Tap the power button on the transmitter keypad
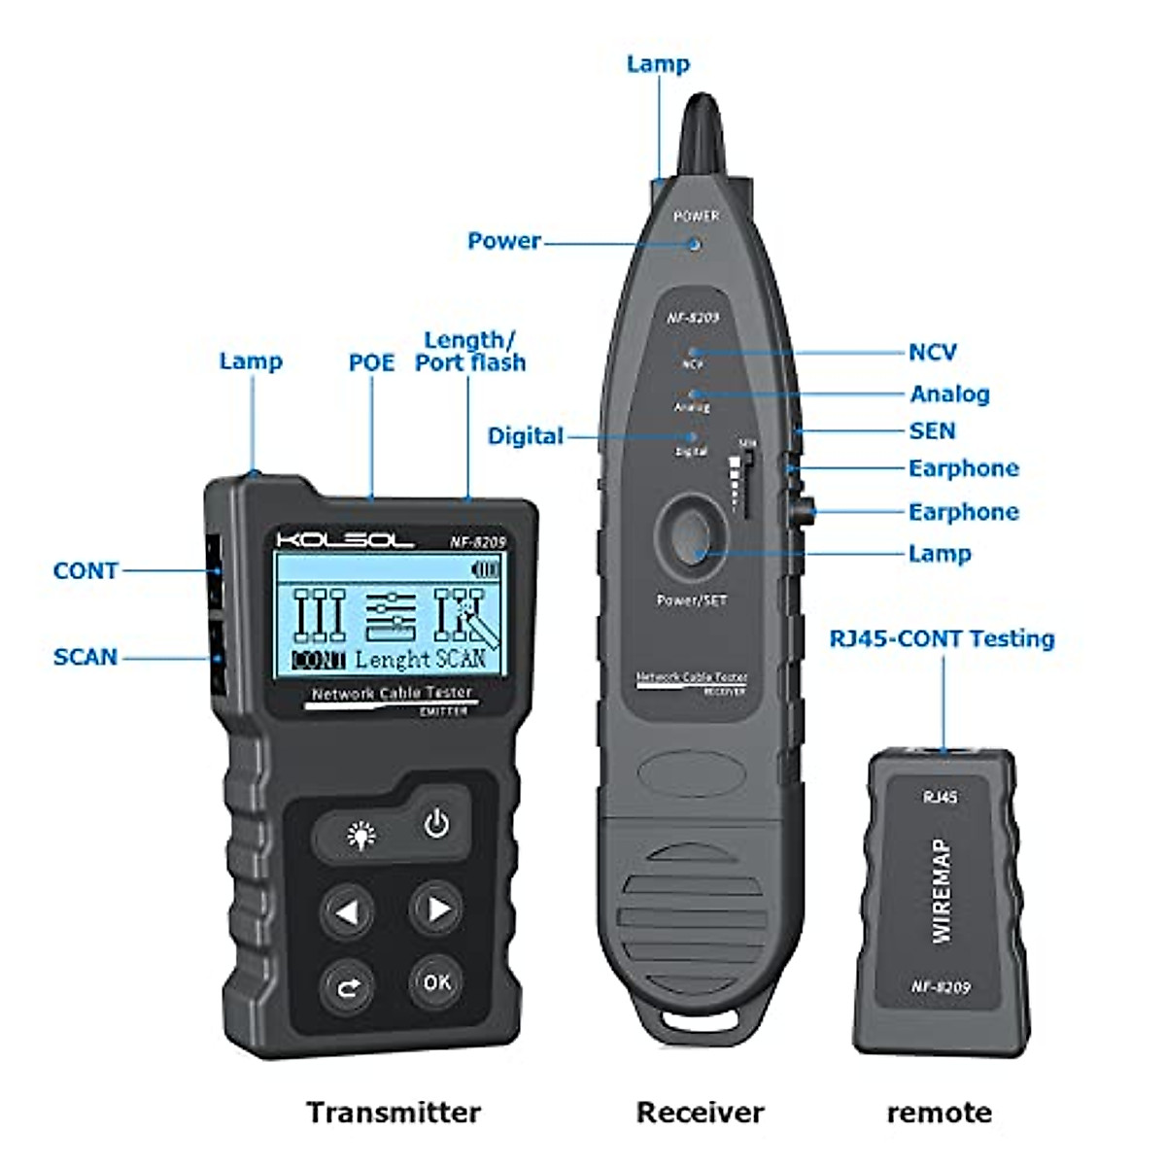(436, 823)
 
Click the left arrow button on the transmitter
(347, 911)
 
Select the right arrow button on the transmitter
(436, 909)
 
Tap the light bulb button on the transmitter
(361, 835)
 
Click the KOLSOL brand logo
(345, 540)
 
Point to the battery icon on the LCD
(485, 569)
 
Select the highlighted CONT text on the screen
(319, 661)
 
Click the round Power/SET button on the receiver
(691, 532)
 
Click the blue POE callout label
(371, 363)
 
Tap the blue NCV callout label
(932, 353)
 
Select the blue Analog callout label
(949, 394)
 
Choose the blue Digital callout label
(525, 436)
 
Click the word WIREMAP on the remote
(941, 890)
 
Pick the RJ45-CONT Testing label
(941, 638)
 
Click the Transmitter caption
(393, 1113)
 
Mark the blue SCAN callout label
(86, 657)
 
